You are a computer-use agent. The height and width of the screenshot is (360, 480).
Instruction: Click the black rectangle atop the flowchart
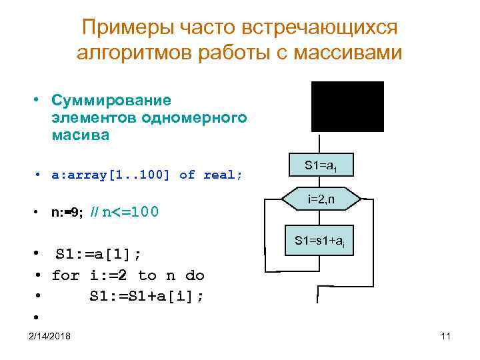coord(347,106)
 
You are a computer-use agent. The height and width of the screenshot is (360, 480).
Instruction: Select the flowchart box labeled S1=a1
coord(320,165)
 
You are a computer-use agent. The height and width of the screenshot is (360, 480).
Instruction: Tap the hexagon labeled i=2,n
coord(321,199)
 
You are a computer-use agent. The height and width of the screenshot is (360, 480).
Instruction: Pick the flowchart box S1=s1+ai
coord(320,241)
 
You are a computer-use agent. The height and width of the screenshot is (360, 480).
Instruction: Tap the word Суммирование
coord(111,101)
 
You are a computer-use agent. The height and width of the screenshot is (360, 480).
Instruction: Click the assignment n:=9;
coord(67,213)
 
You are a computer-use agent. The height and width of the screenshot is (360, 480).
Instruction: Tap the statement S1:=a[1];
coord(99,254)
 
